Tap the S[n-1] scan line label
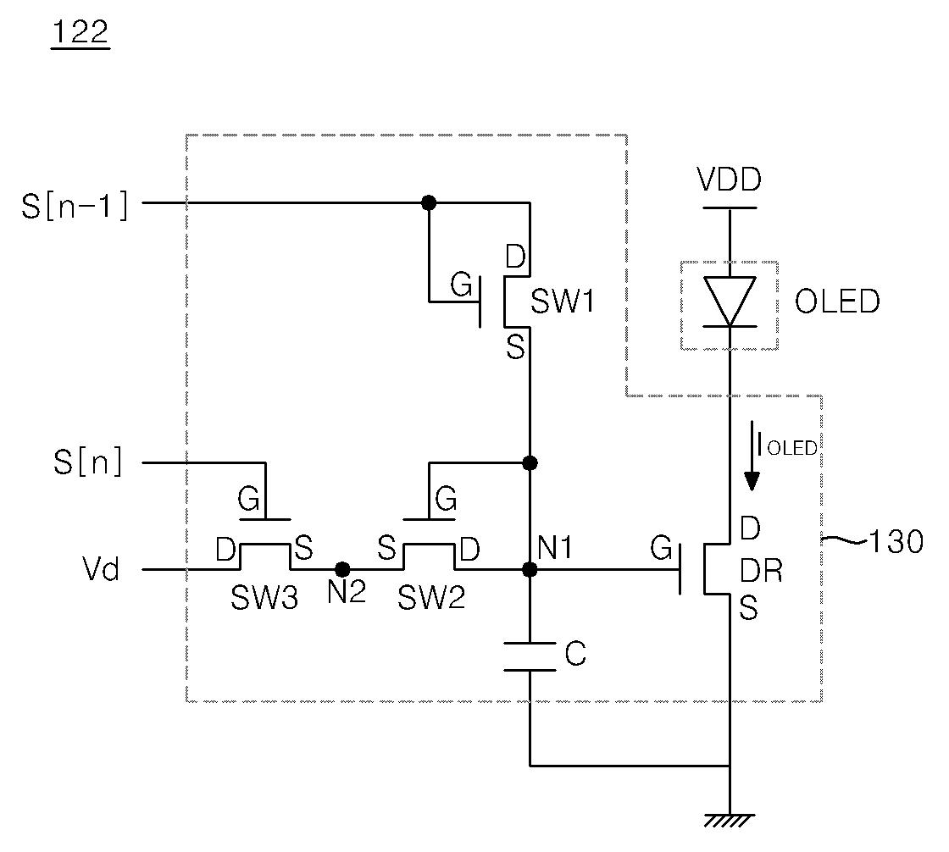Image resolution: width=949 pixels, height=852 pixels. [x=75, y=205]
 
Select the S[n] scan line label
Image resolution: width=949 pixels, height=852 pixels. [x=88, y=462]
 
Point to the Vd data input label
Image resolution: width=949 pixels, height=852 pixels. [x=101, y=569]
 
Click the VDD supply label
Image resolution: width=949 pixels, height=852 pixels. [x=730, y=179]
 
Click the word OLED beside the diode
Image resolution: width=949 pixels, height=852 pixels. [x=837, y=302]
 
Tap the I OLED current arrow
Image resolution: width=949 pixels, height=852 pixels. [x=752, y=456]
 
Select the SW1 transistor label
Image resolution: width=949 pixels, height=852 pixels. [x=563, y=302]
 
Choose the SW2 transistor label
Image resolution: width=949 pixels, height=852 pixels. [x=431, y=598]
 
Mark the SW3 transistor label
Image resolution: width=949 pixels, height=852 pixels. [x=264, y=598]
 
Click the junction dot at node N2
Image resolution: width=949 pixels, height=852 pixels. [x=342, y=569]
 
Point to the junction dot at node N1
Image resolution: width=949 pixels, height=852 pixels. [x=530, y=569]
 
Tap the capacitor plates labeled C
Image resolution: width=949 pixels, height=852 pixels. [x=530, y=656]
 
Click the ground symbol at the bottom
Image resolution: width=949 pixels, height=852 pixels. [x=730, y=821]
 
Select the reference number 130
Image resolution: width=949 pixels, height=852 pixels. [x=896, y=541]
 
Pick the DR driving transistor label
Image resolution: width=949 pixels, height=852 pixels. [x=762, y=570]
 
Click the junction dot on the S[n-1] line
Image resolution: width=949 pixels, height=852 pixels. [x=429, y=202]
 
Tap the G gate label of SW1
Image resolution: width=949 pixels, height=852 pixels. [x=461, y=285]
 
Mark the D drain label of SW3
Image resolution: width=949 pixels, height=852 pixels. [x=225, y=550]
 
